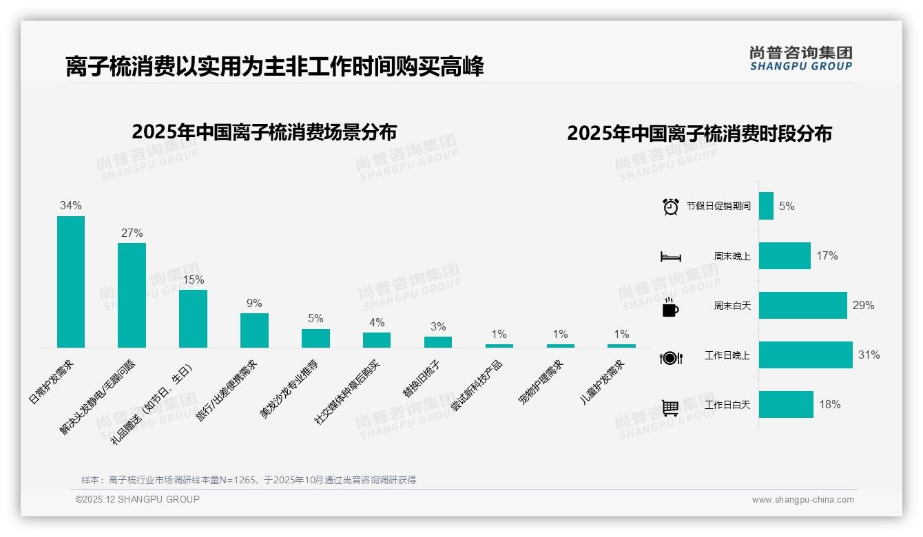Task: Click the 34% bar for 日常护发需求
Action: (x=71, y=282)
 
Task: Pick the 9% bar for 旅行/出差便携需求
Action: (x=254, y=330)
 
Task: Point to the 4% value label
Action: (x=377, y=322)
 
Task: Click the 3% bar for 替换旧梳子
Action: (x=438, y=341)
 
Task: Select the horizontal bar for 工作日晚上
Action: (x=805, y=355)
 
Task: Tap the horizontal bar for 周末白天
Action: (x=802, y=305)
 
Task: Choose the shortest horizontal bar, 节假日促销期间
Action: (x=766, y=206)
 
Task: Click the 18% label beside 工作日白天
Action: (x=829, y=405)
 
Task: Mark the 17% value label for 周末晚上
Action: (x=827, y=255)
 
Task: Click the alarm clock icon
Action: (x=670, y=207)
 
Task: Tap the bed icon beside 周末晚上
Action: (x=670, y=257)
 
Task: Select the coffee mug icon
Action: (x=670, y=307)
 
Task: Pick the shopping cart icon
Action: (x=670, y=408)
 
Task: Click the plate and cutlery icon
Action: (x=670, y=357)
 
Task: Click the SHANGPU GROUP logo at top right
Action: (x=800, y=59)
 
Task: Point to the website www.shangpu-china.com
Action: (x=802, y=500)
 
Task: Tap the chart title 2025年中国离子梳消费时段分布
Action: (x=699, y=133)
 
